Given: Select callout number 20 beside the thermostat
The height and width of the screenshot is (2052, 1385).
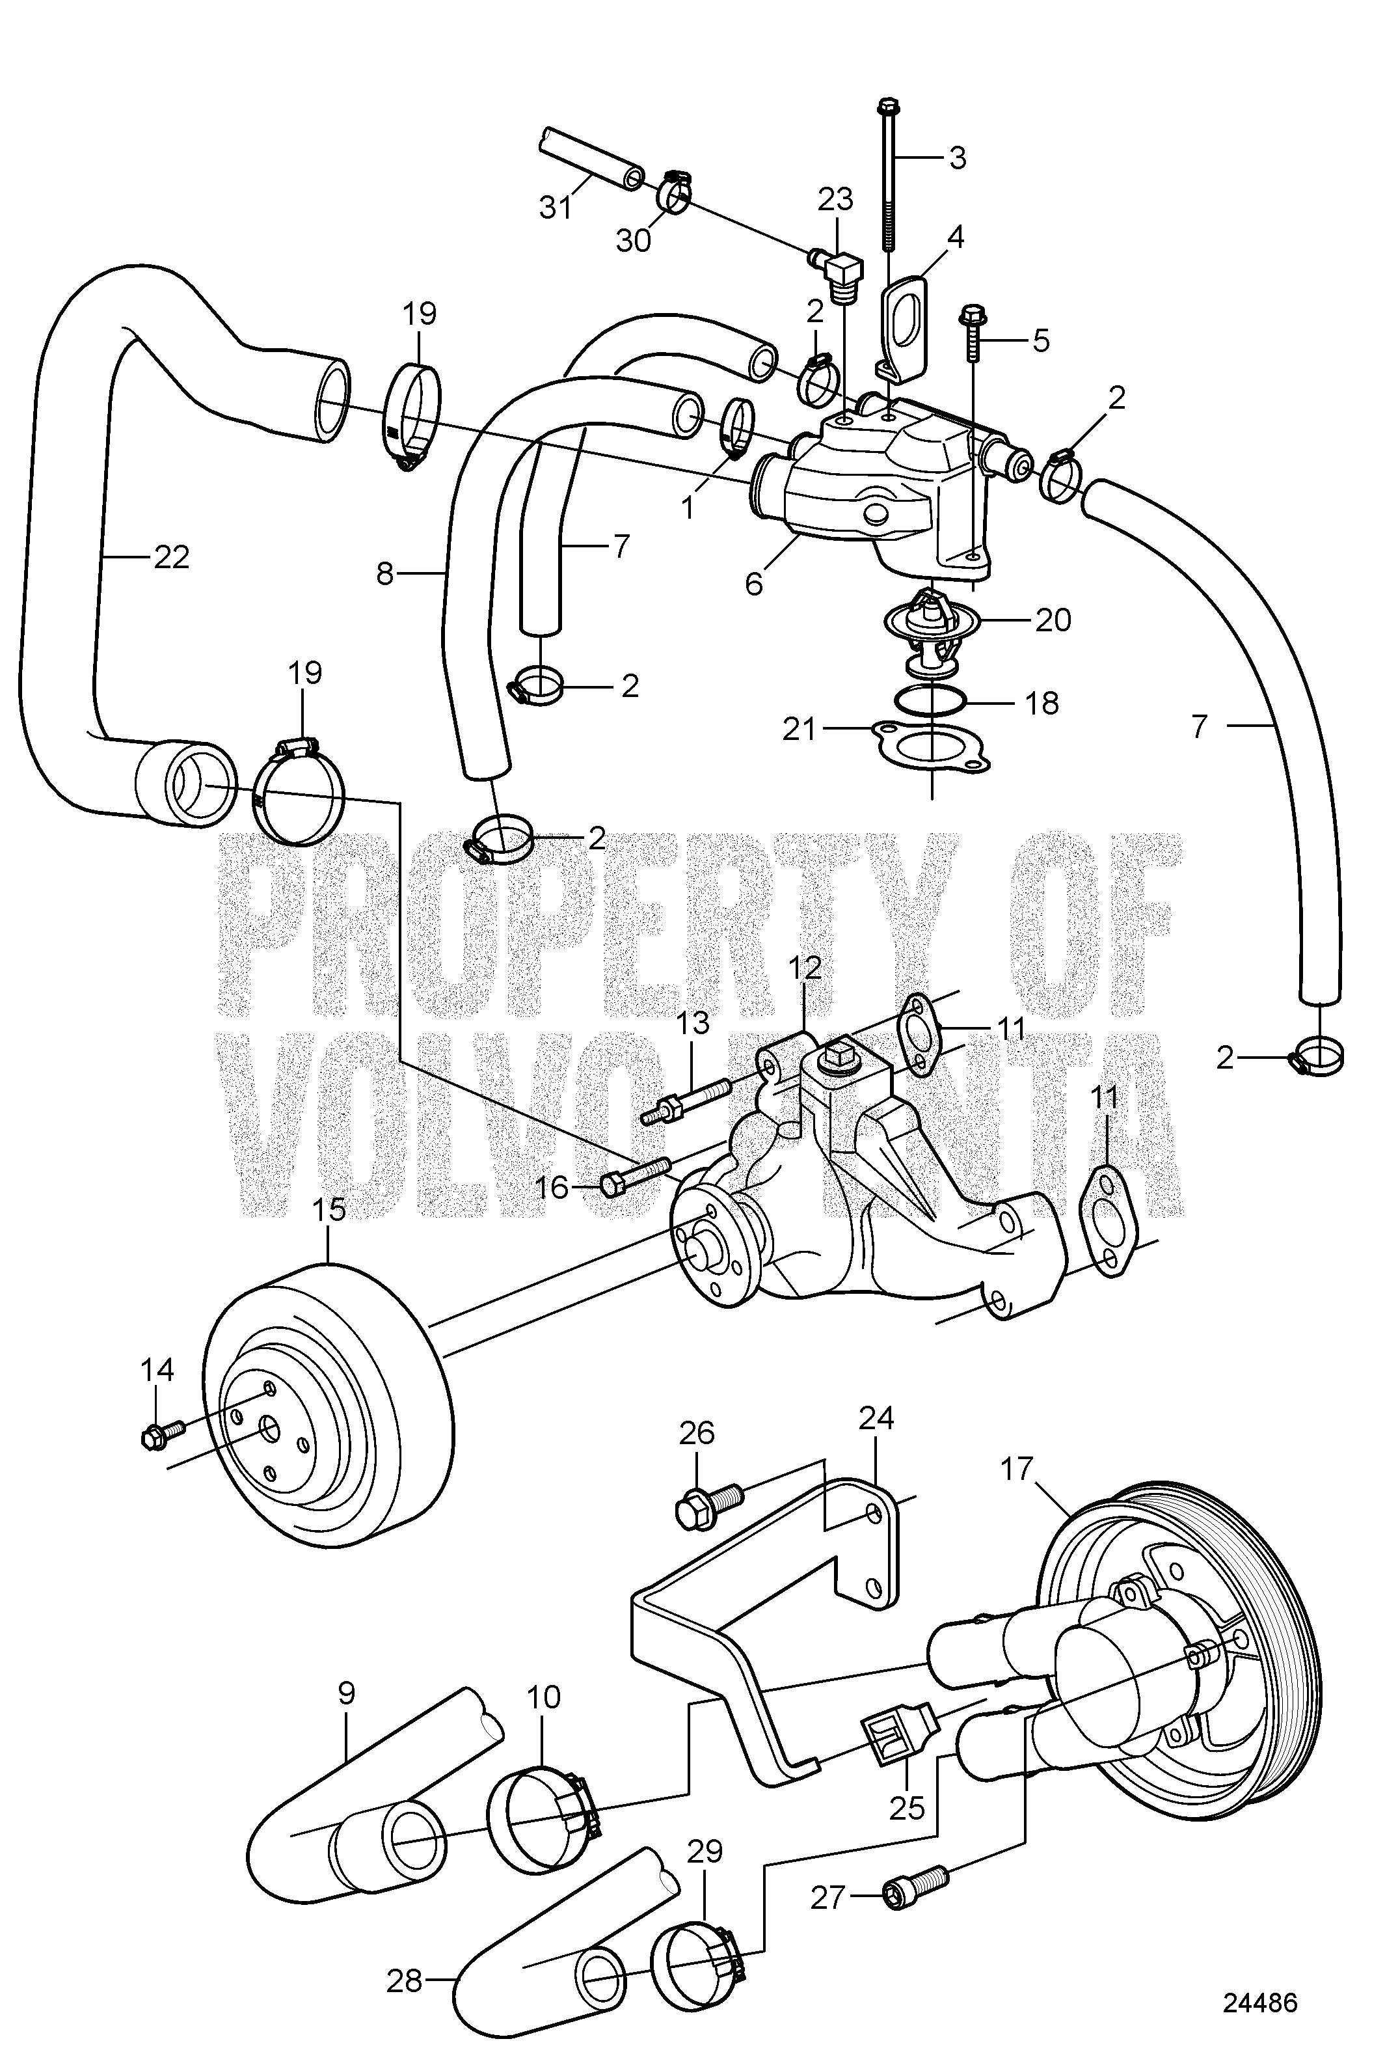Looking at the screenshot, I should click(1051, 620).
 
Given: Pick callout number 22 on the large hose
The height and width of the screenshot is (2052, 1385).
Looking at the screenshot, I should click(170, 557).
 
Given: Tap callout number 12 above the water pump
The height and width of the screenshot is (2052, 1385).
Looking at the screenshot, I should click(806, 968).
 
